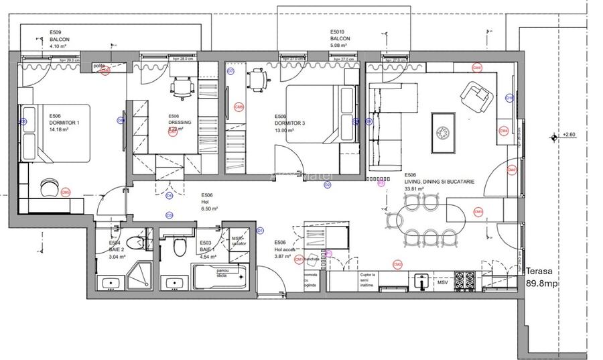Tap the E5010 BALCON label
(x=340, y=39)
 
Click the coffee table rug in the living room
(x=444, y=127)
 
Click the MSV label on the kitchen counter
(x=442, y=283)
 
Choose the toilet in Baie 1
(x=179, y=247)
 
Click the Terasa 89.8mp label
(x=541, y=277)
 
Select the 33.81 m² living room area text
(x=416, y=190)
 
